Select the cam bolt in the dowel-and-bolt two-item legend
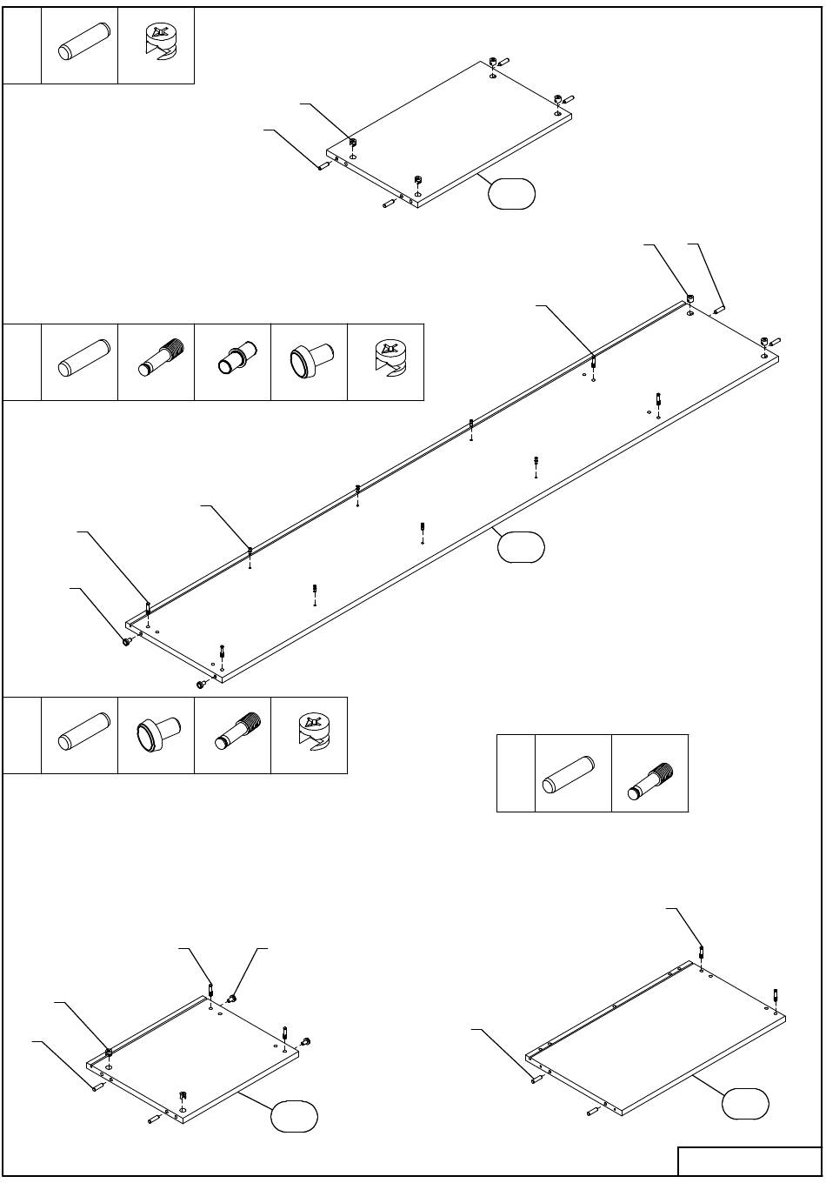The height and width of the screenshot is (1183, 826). tap(649, 773)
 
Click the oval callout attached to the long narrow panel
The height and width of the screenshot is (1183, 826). tap(520, 546)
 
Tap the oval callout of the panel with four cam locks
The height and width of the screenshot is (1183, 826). tap(511, 193)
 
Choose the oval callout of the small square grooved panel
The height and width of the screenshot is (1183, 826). tap(294, 1116)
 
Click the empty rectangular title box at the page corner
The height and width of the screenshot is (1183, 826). tap(749, 1161)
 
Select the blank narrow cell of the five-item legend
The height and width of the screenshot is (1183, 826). tap(22, 362)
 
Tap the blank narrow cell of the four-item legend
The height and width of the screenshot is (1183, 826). tap(22, 735)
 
